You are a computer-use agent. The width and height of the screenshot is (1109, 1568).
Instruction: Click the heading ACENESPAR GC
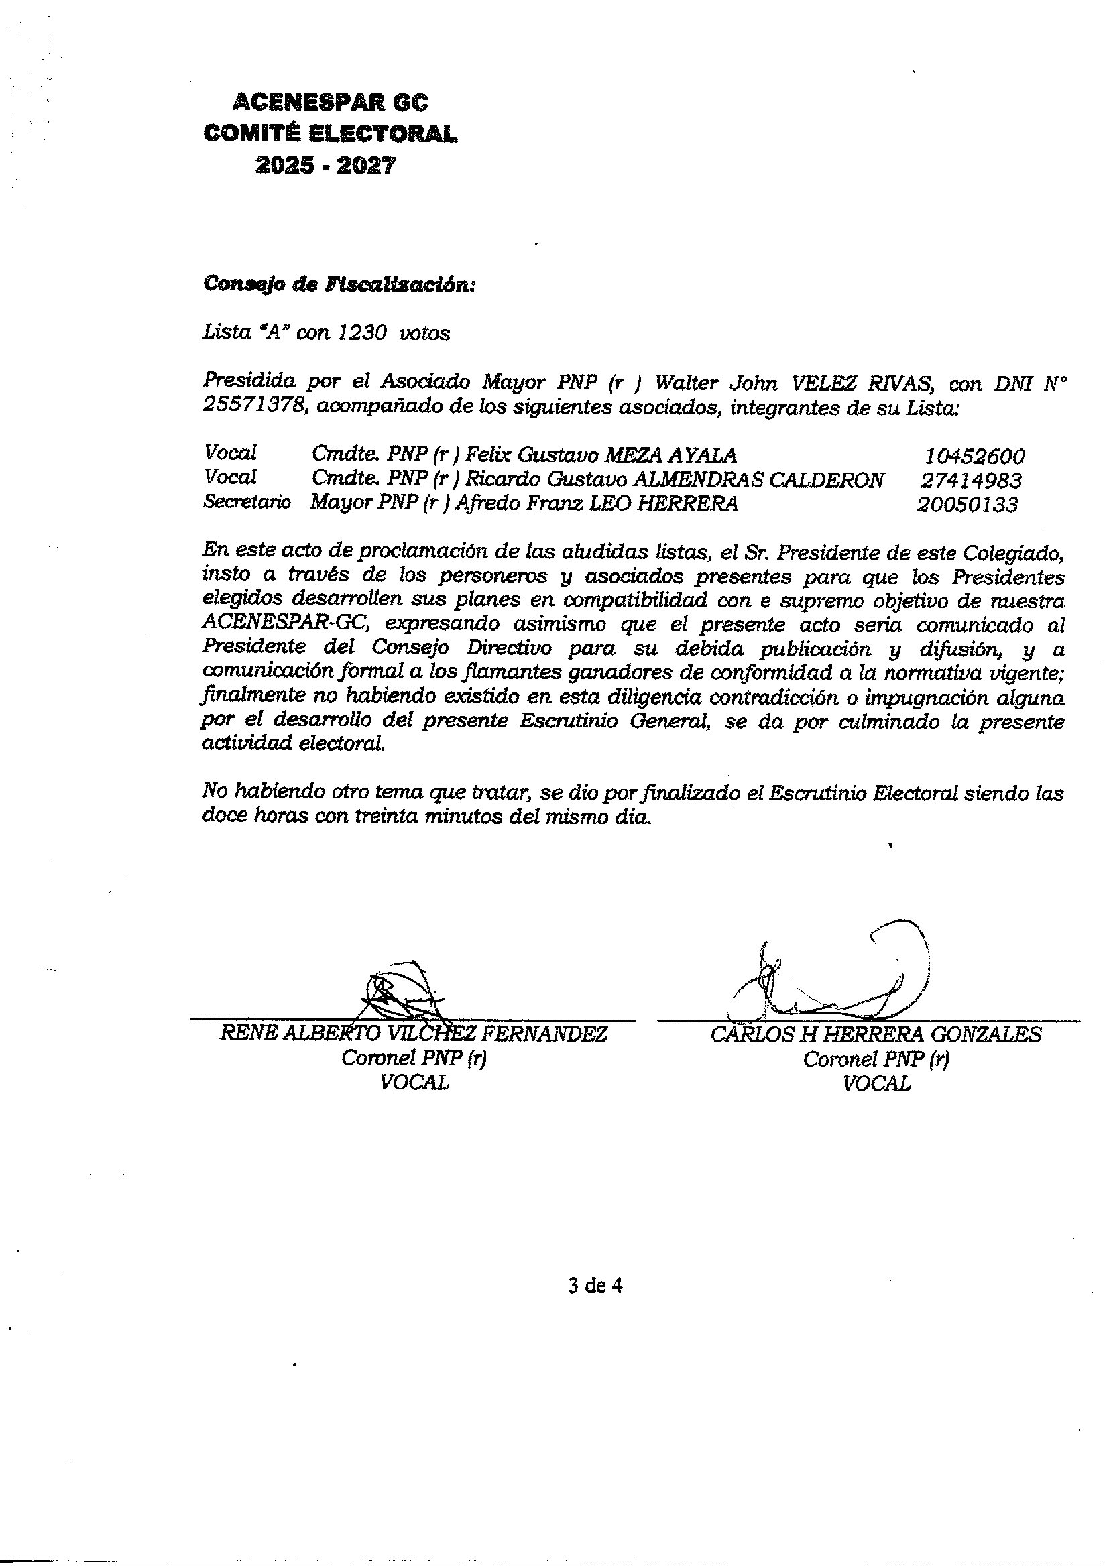(331, 103)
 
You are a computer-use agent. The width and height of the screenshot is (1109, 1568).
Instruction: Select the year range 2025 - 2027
(325, 166)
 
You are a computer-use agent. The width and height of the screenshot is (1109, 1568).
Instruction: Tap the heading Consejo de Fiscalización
(338, 285)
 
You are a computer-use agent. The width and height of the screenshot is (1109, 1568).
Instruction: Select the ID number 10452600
(974, 457)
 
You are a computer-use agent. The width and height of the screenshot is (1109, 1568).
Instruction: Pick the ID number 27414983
(970, 481)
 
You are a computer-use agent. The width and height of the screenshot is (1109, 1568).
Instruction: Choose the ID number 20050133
(967, 505)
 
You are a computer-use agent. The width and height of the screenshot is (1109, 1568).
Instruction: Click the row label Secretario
(247, 503)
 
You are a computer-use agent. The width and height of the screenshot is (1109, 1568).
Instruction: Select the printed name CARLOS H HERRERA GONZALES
(876, 1034)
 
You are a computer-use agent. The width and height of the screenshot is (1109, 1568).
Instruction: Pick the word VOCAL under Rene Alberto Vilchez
(414, 1083)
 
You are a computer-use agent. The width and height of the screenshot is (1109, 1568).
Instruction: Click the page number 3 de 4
(595, 1286)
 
